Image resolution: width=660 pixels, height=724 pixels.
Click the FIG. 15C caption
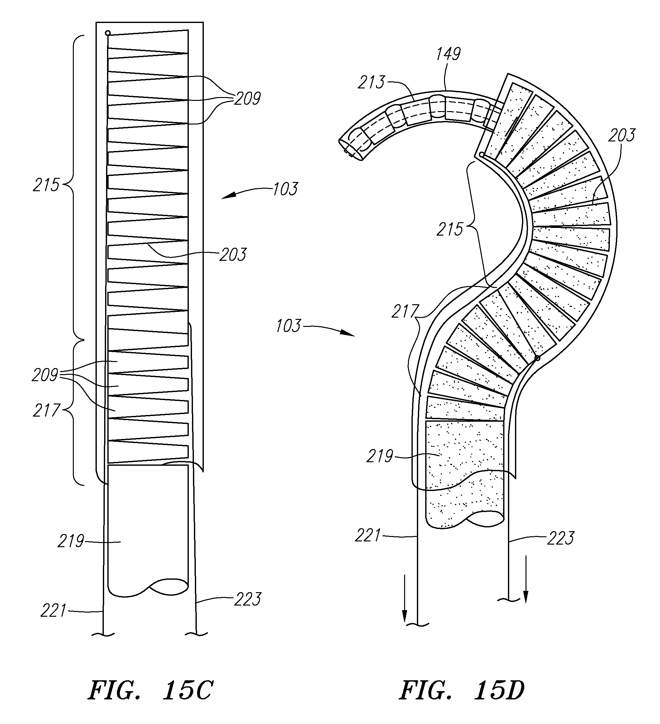(150, 690)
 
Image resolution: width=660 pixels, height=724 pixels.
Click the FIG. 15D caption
(462, 690)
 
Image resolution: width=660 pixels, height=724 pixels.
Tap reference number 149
(448, 54)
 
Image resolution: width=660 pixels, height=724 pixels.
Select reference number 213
(371, 83)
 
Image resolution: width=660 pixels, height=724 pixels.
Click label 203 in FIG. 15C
(233, 255)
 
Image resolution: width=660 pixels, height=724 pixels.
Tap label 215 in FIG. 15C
(46, 185)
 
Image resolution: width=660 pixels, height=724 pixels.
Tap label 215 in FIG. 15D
(450, 230)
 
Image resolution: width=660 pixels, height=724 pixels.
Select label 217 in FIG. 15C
(46, 411)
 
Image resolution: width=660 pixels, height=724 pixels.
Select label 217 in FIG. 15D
(405, 312)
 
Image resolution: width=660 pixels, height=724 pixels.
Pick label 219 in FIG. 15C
(71, 541)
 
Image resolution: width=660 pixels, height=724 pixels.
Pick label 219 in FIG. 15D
(380, 456)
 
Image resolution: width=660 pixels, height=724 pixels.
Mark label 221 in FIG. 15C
(54, 610)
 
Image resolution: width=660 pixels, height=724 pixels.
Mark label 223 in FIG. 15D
(561, 538)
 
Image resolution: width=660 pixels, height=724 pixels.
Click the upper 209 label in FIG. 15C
(247, 98)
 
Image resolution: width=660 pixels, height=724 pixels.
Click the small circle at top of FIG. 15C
(107, 33)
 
